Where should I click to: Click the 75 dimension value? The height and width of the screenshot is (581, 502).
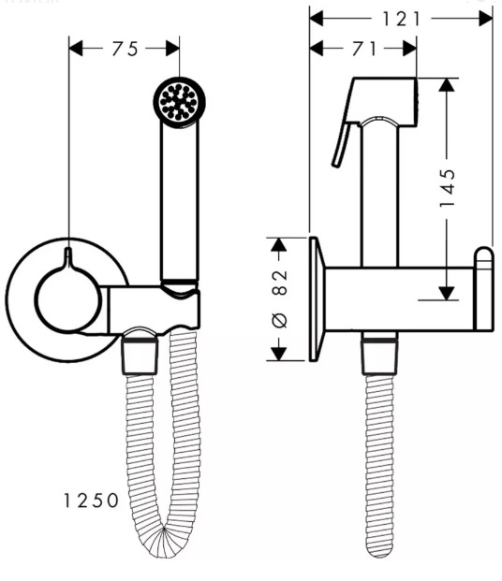point(125,49)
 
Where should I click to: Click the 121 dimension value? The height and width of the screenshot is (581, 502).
point(402,19)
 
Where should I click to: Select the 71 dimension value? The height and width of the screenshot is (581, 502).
point(364,49)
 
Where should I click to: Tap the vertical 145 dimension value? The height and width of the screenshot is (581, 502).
point(448,188)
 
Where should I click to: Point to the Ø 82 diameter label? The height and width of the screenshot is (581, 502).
point(280,298)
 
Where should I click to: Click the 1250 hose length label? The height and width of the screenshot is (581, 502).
point(91,501)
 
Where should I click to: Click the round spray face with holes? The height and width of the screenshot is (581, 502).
point(179,101)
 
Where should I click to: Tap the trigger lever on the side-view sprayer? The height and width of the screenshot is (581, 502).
point(342,144)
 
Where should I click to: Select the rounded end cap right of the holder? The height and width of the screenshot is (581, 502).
point(483,289)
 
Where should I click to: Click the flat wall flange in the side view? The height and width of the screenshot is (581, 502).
point(317,298)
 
